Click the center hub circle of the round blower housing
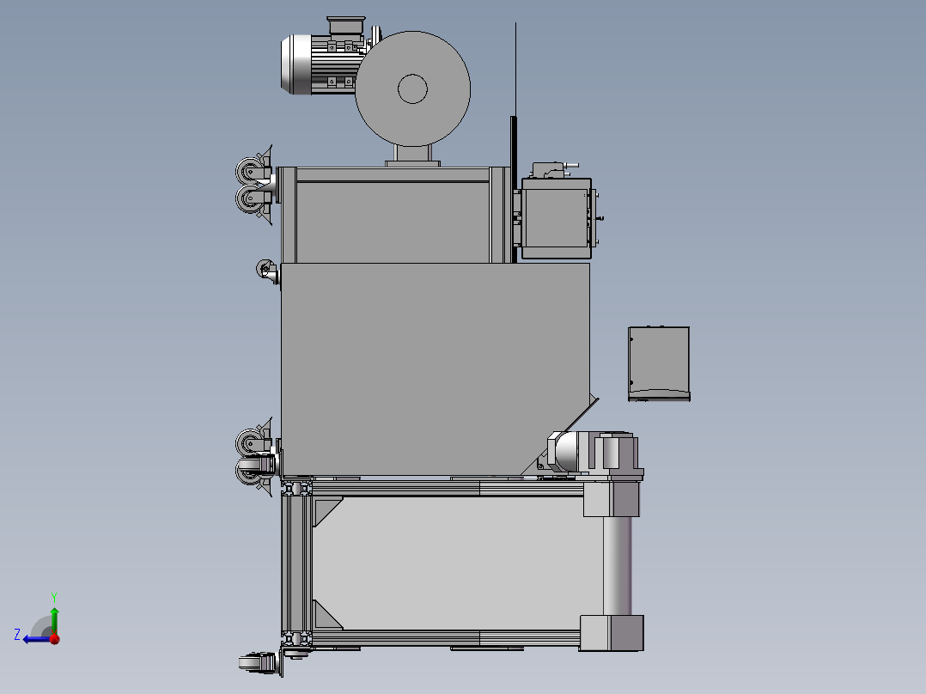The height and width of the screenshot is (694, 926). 412,88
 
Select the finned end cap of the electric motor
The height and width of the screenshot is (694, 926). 295,64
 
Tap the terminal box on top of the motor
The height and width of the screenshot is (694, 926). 346,26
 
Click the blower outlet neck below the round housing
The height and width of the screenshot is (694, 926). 413,154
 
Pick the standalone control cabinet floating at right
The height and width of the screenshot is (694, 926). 659,364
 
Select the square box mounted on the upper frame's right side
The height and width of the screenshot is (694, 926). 557,218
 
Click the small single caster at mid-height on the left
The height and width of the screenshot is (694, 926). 267,271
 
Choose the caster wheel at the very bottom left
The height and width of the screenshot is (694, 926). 259,662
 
